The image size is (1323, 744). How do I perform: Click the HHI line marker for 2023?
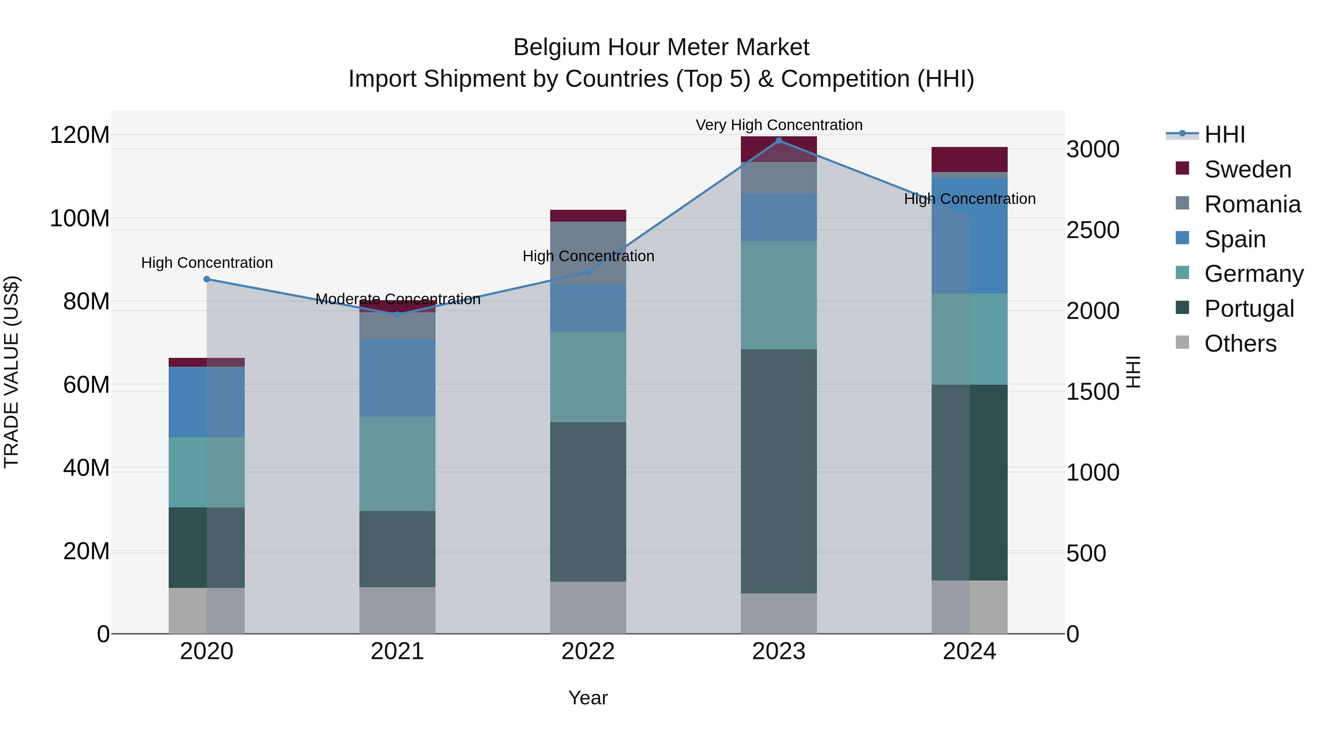tap(779, 141)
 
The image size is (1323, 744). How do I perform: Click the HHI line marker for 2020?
tap(207, 279)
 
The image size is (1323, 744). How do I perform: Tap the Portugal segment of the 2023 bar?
tap(779, 471)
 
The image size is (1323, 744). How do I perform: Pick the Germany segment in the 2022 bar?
tap(588, 377)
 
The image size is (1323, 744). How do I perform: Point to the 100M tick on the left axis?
tap(80, 219)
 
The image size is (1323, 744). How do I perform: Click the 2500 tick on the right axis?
tap(1093, 230)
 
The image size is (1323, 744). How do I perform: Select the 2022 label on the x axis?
tap(588, 651)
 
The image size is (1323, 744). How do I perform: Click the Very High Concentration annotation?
tap(779, 125)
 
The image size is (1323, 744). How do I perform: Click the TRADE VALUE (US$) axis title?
tap(11, 372)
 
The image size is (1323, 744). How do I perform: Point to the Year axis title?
tap(588, 698)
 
